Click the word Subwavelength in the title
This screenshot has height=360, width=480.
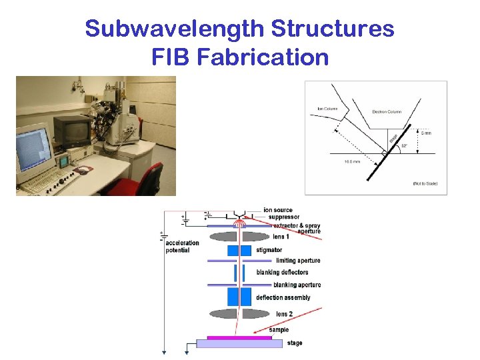[x=175, y=29]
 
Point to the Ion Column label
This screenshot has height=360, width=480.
[x=327, y=109]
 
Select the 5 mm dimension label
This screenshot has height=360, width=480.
[x=426, y=133]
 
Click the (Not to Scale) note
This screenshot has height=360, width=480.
[x=425, y=183]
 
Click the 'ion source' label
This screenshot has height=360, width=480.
[x=279, y=211]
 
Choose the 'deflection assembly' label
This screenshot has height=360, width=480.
[x=283, y=297]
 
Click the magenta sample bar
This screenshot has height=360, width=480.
[x=239, y=337]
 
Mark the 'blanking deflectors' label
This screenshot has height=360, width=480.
[x=283, y=272]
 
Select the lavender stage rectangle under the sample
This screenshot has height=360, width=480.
[x=239, y=344]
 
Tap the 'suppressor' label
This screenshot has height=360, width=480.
[x=282, y=217]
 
